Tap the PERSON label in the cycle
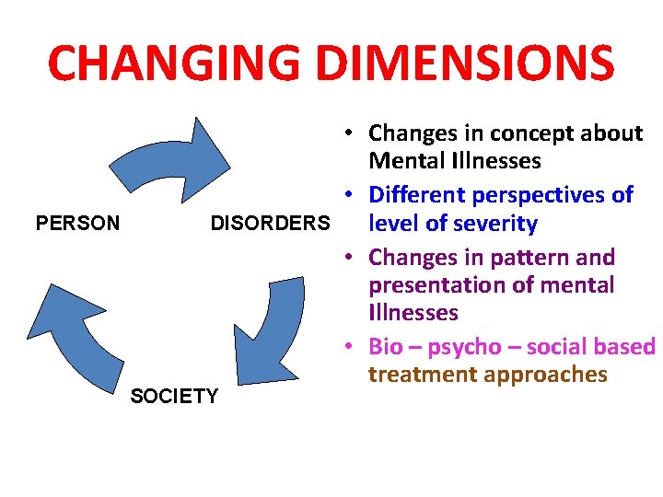76,224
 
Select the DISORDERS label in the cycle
270,224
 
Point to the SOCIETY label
175,397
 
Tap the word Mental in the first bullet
404,162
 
